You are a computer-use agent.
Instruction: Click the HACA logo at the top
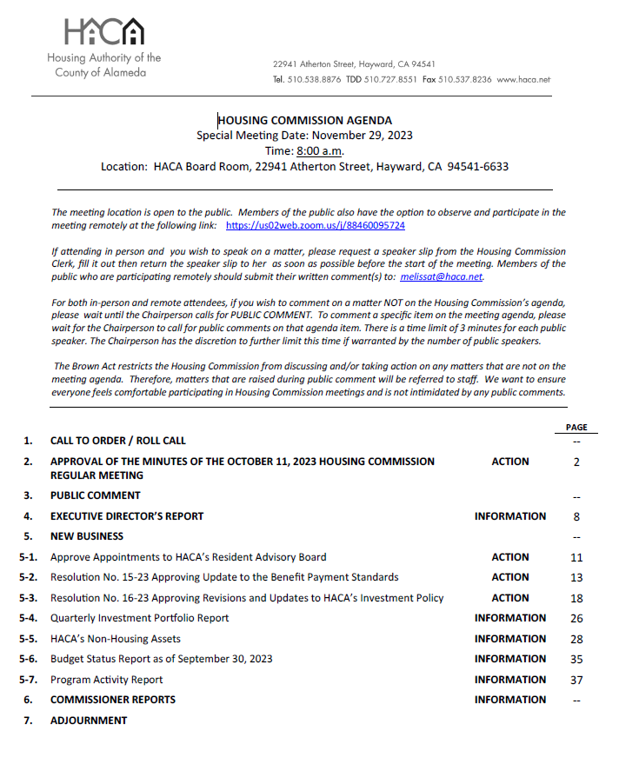click(x=103, y=32)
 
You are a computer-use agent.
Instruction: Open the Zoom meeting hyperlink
click(x=315, y=225)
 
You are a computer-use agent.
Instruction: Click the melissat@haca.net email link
click(x=441, y=277)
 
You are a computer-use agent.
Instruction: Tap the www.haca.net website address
click(x=523, y=79)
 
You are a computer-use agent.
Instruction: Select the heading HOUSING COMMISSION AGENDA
click(x=304, y=121)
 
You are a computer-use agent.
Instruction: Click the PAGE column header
click(x=576, y=428)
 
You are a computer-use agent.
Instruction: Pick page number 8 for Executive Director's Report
click(x=576, y=516)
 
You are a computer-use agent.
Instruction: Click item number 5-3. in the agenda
click(x=29, y=598)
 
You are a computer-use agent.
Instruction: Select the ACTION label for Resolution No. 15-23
click(x=509, y=577)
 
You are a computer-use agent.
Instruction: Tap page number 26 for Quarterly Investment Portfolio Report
click(x=576, y=618)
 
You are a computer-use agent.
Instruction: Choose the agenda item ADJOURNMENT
click(x=89, y=721)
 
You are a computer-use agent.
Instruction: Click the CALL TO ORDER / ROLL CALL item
click(x=117, y=441)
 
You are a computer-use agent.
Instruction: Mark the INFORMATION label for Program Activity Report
click(x=509, y=680)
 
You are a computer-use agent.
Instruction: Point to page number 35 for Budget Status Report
click(x=576, y=659)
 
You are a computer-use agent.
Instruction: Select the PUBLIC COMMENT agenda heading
click(x=95, y=495)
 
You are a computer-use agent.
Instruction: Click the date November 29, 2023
click(x=362, y=136)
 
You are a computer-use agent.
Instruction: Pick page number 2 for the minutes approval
click(x=576, y=462)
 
